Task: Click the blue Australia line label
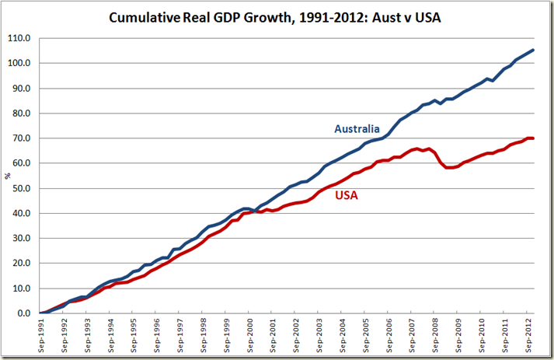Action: [x=356, y=128]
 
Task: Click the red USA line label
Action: [x=346, y=196]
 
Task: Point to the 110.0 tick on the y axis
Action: [x=20, y=38]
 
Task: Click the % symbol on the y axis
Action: [x=9, y=176]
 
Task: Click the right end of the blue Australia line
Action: [x=533, y=51]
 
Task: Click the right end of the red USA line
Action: [x=533, y=138]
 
